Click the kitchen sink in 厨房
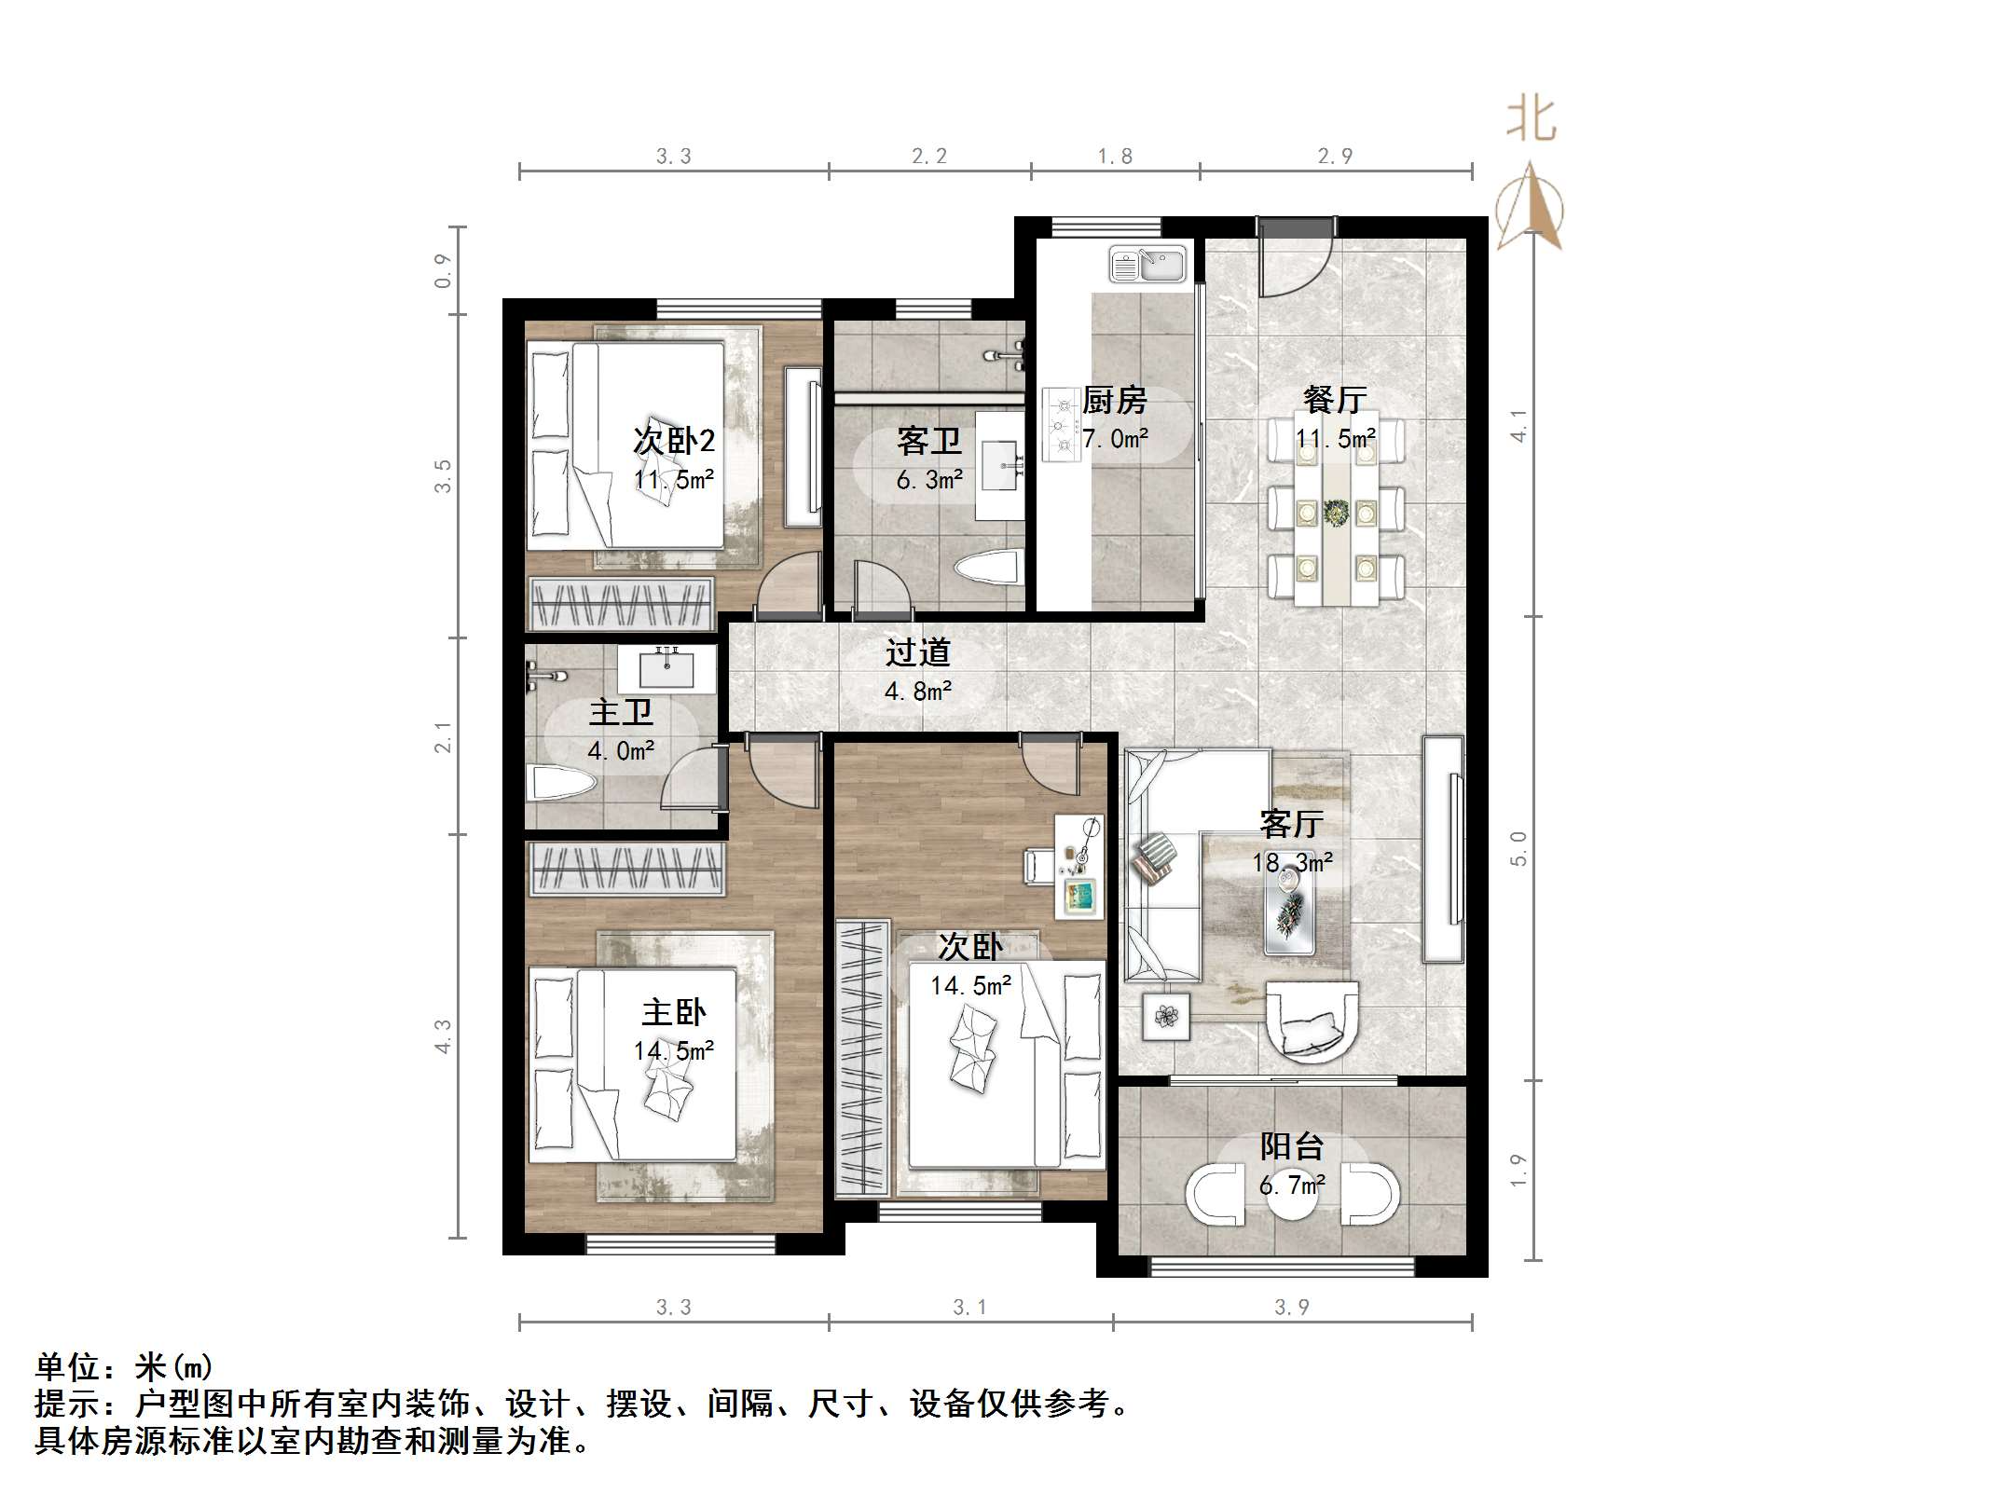point(1147,265)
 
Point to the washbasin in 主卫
point(667,667)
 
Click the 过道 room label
point(917,652)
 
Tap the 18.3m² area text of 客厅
point(1292,863)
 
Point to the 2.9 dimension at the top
point(1335,156)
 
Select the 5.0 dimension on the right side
point(1518,848)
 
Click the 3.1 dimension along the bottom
point(969,1308)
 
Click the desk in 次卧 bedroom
point(1079,866)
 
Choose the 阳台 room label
point(1292,1146)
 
